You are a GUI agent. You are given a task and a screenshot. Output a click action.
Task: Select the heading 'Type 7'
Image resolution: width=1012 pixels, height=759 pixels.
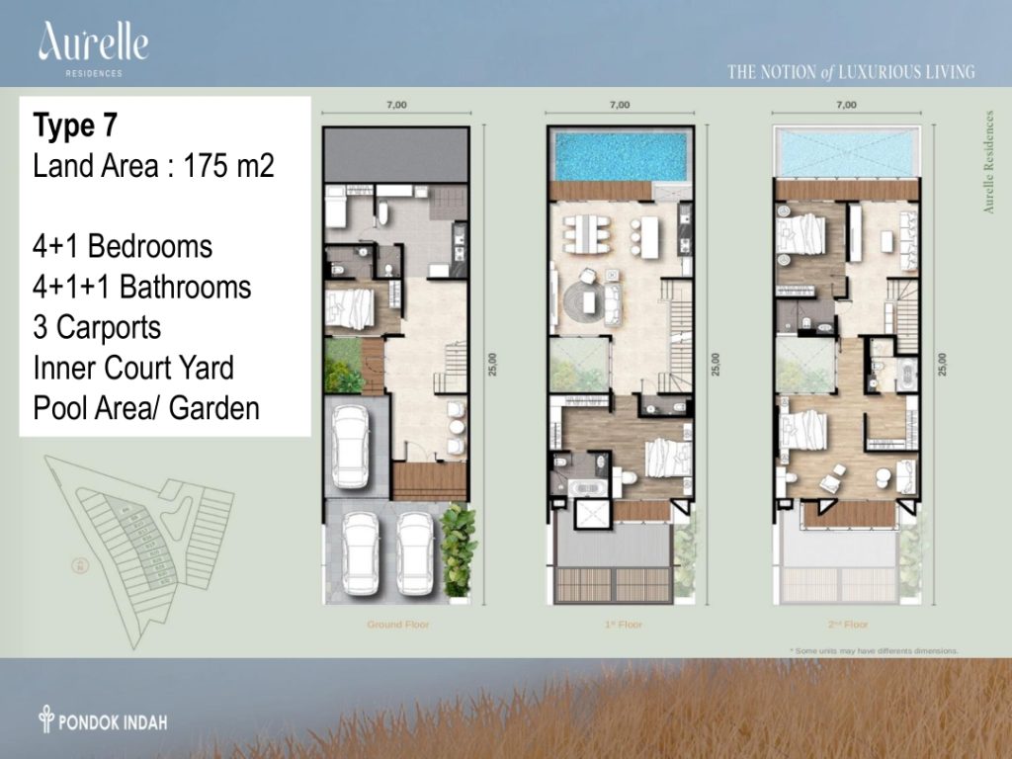tap(76, 126)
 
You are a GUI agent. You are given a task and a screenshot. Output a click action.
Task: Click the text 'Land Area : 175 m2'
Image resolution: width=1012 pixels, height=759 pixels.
tap(153, 166)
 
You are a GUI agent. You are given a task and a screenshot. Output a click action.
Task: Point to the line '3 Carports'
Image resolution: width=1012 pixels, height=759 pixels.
tap(97, 327)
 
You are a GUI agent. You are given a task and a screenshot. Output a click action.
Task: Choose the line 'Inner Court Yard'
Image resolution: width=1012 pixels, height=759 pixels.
tap(133, 368)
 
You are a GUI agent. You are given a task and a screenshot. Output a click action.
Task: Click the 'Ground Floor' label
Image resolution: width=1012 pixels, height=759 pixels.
tap(398, 625)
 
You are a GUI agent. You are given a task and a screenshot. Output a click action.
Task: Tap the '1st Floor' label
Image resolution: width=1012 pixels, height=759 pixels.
tap(619, 625)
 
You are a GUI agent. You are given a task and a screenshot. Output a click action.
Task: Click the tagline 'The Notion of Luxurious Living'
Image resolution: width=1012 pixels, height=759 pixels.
tap(851, 71)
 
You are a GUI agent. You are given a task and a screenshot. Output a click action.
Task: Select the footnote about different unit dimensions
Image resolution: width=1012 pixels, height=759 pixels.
tap(874, 650)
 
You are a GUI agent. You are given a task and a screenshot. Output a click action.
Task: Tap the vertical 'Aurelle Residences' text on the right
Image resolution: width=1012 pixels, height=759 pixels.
tap(988, 162)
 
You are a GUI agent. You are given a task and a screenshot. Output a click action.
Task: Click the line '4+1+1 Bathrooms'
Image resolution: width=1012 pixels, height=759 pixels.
tap(141, 288)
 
